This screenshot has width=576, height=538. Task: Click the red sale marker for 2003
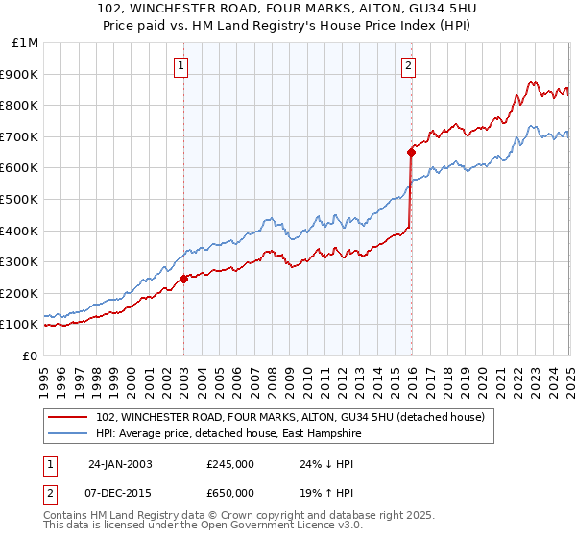pos(183,280)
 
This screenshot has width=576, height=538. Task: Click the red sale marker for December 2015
pos(411,152)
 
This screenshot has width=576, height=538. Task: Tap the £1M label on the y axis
pos(26,43)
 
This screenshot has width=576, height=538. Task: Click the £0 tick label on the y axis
pos(31,355)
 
